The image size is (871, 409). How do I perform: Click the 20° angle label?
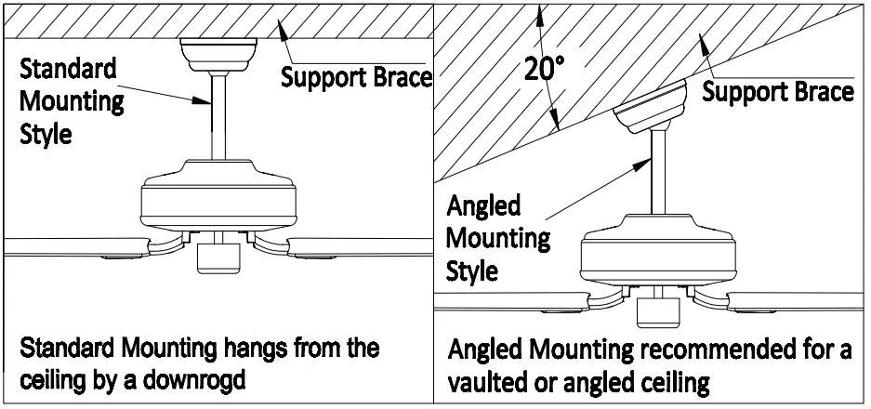coord(545,70)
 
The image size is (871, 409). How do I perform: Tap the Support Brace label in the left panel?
coord(357,76)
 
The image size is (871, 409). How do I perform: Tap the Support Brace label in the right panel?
coord(778,91)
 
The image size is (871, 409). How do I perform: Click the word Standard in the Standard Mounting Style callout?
coord(56,69)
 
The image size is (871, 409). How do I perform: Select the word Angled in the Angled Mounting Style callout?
coord(484,205)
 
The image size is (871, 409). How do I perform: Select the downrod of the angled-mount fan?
coord(657,177)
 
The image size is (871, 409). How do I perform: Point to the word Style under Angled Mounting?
coord(472,270)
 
